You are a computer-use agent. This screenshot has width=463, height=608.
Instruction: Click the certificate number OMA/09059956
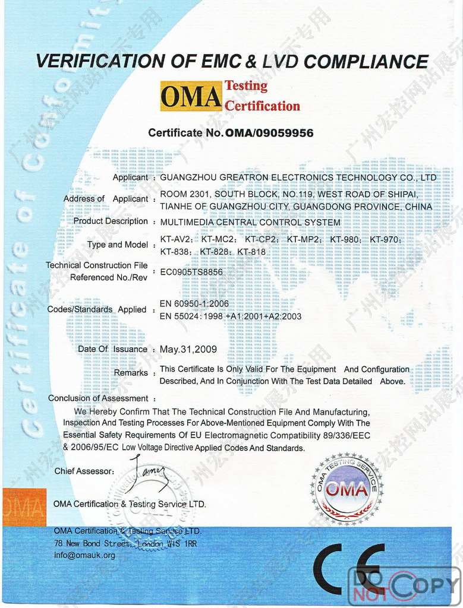point(269,133)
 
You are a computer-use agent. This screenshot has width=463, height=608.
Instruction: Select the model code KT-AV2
point(177,240)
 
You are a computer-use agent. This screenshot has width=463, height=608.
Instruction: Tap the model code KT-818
point(251,252)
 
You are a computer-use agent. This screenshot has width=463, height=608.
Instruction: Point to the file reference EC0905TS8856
point(191,271)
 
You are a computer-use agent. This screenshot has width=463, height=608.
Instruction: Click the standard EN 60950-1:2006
point(194,304)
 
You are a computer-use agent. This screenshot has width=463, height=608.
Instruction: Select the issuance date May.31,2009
point(188,349)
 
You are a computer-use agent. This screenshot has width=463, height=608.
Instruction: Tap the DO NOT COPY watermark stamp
point(404,585)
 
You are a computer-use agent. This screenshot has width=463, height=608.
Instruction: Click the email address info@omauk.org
point(84,555)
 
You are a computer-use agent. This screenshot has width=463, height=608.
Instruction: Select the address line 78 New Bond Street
point(125,543)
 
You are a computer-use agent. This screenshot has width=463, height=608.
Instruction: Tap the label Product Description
point(111,221)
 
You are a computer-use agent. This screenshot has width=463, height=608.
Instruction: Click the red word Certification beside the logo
point(262,106)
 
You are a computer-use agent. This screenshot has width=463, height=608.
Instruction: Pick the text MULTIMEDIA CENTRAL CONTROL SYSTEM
point(250,222)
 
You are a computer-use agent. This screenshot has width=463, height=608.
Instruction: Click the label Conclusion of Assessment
point(98,398)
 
